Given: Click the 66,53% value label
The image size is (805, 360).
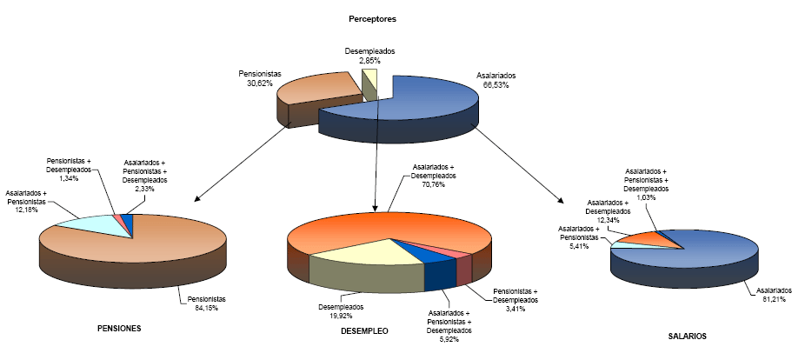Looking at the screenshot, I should tap(495, 85).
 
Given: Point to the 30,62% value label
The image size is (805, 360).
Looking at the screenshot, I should tap(259, 84).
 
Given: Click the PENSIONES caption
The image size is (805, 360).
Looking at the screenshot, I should tap(120, 328).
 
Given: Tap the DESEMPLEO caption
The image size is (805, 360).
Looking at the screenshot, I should tap(365, 332).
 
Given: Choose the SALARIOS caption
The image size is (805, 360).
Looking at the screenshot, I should tap(687, 336).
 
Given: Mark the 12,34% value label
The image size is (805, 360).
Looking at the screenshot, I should tap(608, 220).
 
